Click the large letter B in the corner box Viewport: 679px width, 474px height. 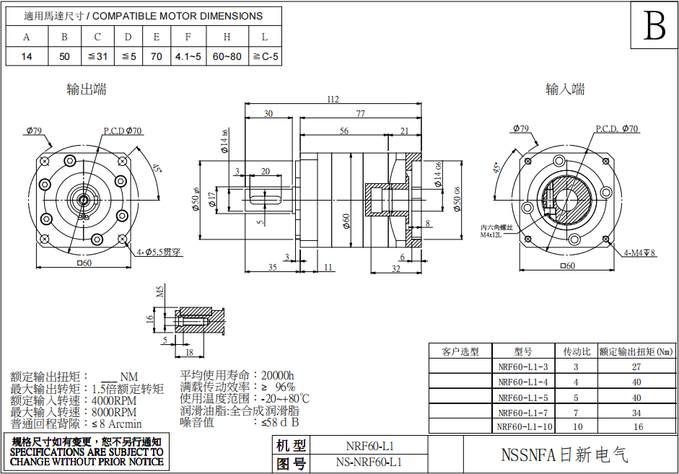pos(654,27)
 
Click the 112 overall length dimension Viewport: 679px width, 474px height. pos(332,99)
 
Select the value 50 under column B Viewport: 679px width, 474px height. pos(65,56)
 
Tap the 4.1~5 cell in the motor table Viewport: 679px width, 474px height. pos(188,56)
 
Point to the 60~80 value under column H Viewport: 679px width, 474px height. pos(227,56)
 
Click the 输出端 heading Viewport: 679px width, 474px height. pos(87,89)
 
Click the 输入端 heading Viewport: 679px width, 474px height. pos(565,89)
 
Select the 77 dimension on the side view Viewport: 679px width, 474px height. pos(360,114)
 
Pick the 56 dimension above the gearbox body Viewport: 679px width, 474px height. pos(343,131)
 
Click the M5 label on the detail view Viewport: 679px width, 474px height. pos(161,291)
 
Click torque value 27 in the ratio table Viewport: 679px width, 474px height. pos(636,367)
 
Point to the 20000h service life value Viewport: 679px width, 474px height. pos(278,375)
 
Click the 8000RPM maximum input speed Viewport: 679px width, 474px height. pos(114,411)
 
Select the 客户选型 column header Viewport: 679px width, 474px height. pos(460,351)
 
